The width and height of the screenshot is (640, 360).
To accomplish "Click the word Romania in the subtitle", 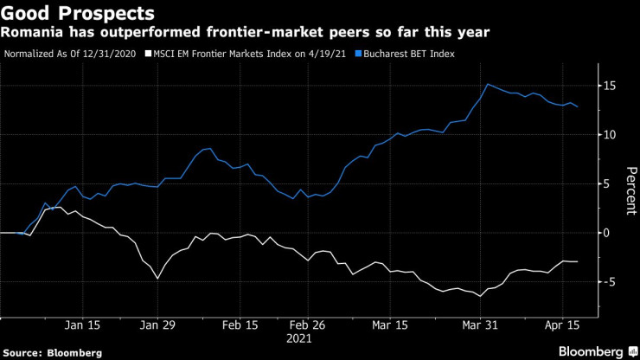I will (x=32, y=33).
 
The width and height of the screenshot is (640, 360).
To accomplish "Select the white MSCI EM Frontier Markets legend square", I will (x=148, y=54).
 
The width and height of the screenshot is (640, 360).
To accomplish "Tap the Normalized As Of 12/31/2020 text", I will (x=71, y=54).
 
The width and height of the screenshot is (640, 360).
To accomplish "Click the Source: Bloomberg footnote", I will (x=52, y=352).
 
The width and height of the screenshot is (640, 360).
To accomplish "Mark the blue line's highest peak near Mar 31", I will (x=488, y=84).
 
